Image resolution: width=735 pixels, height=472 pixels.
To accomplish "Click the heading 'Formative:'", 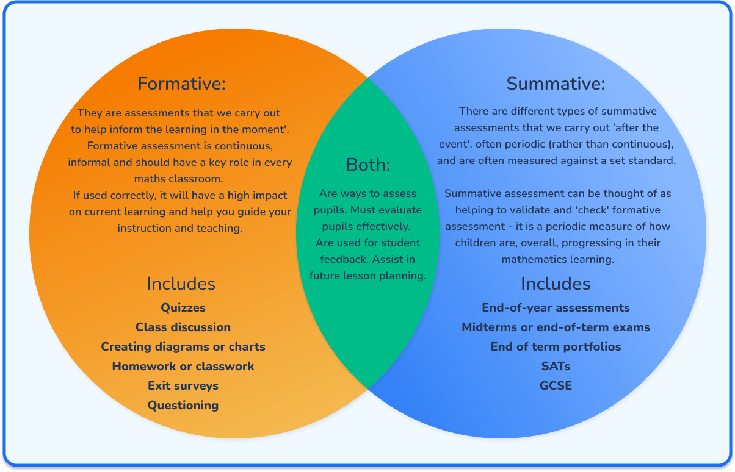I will pos(181,84).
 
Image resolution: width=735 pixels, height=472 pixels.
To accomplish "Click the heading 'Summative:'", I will pos(556,84).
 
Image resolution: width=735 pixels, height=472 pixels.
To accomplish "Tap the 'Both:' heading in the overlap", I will pos(367,165).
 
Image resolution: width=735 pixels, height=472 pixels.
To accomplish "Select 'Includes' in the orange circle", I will pos(181,284).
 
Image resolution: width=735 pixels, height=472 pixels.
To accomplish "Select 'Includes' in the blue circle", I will pos(556,284).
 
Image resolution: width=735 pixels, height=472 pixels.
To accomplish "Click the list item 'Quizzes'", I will pos(183,307).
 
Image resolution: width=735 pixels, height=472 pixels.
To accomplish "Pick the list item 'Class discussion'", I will pos(183,327).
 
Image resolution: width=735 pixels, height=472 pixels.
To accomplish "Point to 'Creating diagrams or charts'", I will pos(183,346).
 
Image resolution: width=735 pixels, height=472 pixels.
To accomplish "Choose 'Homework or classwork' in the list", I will pos(183,366).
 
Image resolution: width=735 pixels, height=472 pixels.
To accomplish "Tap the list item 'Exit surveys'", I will pos(183,385).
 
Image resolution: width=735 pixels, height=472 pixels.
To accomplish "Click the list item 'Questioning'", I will pos(183,405).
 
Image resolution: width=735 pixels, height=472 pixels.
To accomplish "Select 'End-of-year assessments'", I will pos(556,307).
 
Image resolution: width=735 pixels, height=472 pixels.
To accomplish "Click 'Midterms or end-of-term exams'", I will pos(556,327).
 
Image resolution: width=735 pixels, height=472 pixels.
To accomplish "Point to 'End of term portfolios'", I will pos(556,346).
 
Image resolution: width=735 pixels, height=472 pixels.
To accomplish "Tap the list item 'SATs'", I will pos(556,366).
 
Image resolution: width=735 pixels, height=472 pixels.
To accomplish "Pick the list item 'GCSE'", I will pos(556,385).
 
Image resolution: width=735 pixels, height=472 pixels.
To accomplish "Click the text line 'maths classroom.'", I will pos(179,179).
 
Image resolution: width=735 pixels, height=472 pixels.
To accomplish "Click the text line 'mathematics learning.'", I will pos(557,259).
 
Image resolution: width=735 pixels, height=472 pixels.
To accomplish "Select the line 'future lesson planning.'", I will pos(367,276).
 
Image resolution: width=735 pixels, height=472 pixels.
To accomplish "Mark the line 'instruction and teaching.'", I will pos(180,228).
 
